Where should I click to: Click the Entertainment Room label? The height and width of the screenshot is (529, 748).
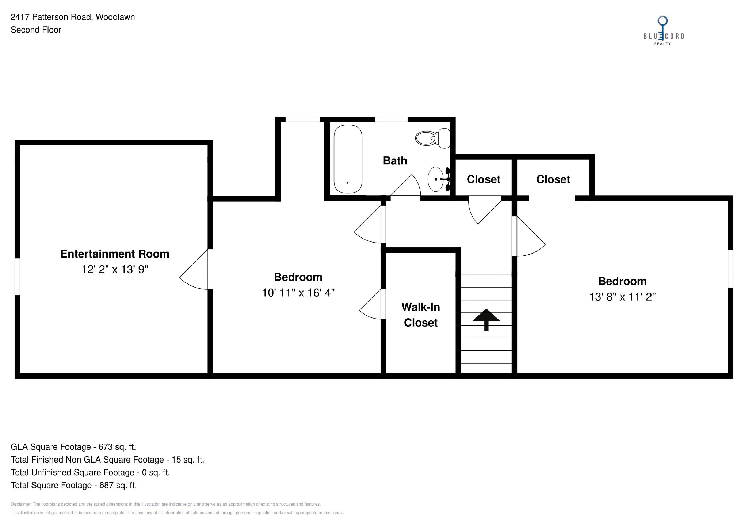click(x=115, y=254)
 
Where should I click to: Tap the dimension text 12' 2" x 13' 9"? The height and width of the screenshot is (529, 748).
click(x=115, y=270)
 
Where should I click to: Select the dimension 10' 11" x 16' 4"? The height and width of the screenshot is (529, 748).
click(x=298, y=293)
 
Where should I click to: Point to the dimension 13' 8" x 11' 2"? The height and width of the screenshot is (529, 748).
click(x=622, y=297)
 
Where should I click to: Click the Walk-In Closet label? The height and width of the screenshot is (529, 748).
click(x=421, y=315)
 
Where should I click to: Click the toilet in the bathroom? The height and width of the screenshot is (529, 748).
click(x=432, y=138)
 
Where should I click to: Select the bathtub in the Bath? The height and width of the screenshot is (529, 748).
click(x=348, y=159)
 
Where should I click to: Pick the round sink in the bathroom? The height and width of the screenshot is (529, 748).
click(x=436, y=179)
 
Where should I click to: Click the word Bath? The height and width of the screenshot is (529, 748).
click(x=395, y=161)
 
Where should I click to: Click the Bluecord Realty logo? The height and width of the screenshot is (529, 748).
click(x=663, y=31)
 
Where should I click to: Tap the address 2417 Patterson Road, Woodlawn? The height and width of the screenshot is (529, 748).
click(x=73, y=17)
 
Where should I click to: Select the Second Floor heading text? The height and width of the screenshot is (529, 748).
click(x=36, y=30)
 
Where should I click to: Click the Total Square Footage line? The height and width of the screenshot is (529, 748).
click(x=73, y=485)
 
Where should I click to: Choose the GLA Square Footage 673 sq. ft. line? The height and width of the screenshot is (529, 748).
click(x=73, y=447)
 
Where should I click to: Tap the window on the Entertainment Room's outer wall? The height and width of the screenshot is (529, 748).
click(x=17, y=277)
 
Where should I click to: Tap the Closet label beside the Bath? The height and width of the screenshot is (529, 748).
click(x=483, y=179)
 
